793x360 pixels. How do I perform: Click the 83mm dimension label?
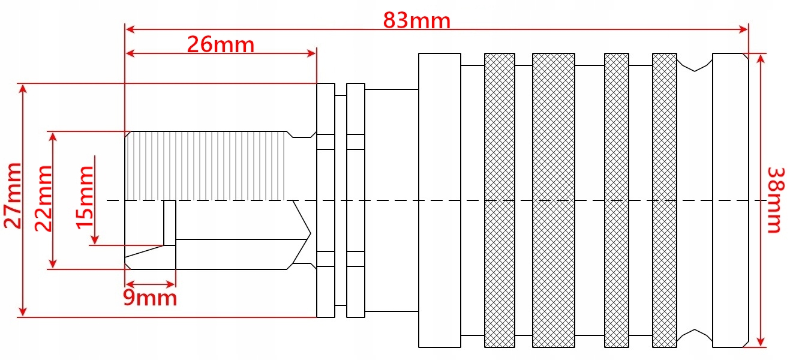[x=416, y=21]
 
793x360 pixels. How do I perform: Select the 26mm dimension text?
[x=220, y=44]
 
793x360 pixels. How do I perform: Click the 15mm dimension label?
[x=85, y=197]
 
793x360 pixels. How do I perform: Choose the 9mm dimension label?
[x=150, y=298]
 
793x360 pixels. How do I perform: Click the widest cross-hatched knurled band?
[x=553, y=200]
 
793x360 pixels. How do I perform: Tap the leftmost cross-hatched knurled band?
[x=499, y=200]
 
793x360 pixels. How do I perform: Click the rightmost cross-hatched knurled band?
[x=664, y=200]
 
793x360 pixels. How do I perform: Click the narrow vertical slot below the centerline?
[x=170, y=223]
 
